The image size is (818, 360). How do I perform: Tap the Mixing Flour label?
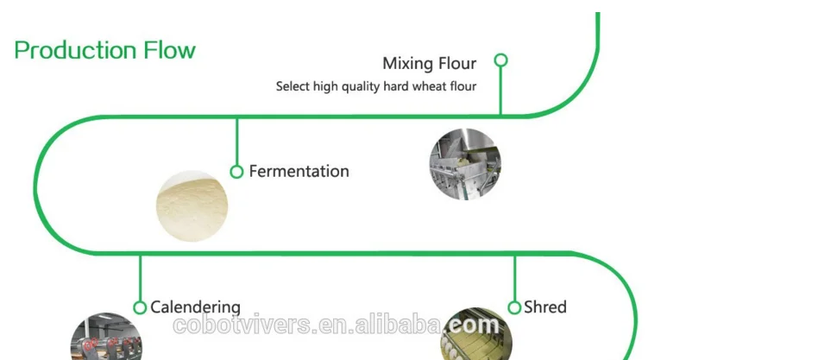(429, 63)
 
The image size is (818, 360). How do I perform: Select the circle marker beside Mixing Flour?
(500, 60)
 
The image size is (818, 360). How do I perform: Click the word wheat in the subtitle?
(431, 86)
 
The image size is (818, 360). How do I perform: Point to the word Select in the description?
(292, 86)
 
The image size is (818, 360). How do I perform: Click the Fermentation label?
(299, 171)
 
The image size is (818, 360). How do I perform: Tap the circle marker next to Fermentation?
(236, 172)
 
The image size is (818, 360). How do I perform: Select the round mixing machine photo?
(465, 164)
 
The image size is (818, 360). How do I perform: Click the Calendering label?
(195, 307)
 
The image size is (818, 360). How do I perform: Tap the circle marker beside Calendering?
(140, 307)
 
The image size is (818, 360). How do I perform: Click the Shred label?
(544, 307)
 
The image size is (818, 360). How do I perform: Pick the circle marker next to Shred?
(514, 307)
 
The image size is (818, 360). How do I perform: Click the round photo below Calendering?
(105, 338)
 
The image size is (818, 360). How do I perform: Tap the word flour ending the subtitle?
(463, 86)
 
